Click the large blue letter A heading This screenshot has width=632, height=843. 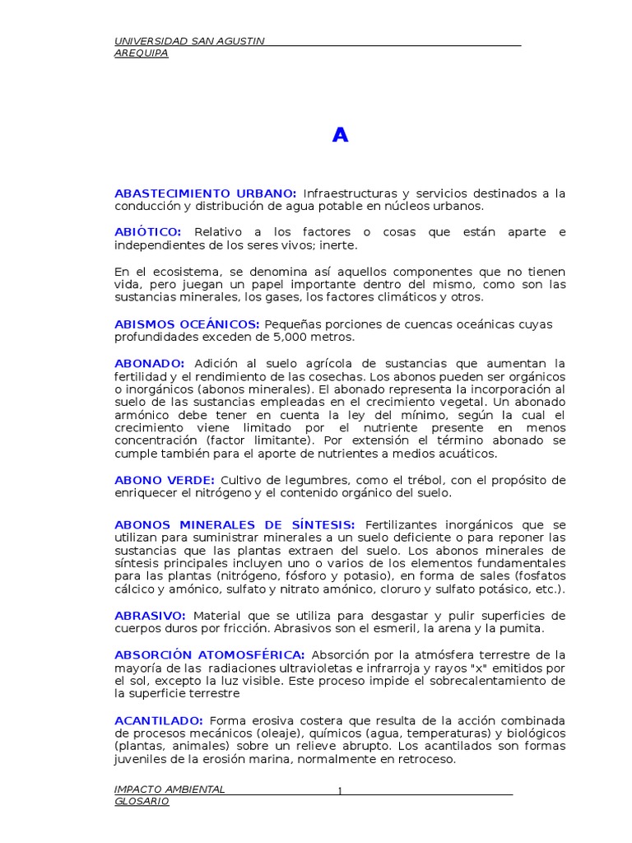[x=340, y=136]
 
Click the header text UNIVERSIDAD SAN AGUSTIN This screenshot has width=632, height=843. [x=189, y=41]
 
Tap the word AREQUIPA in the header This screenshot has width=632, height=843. [x=141, y=54]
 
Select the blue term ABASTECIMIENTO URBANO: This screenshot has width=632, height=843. [x=206, y=193]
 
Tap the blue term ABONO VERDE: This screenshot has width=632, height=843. [x=165, y=480]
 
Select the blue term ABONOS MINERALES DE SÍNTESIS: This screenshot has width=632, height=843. [x=235, y=524]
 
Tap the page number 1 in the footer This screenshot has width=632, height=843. [x=338, y=792]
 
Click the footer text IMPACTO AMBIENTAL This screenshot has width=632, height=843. [x=170, y=789]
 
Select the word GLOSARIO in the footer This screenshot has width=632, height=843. [x=142, y=801]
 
